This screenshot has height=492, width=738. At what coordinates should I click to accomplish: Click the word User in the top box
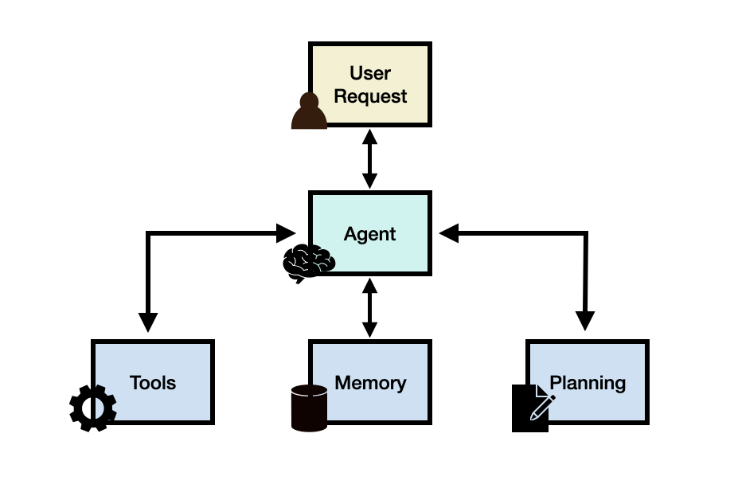(370, 73)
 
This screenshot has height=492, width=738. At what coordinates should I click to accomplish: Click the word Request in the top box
(370, 96)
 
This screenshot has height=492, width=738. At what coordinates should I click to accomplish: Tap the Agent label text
(369, 234)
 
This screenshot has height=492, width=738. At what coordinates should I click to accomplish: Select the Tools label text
(153, 383)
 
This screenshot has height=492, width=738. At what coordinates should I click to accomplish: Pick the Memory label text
(370, 383)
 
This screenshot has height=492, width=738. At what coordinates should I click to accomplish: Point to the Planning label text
(588, 383)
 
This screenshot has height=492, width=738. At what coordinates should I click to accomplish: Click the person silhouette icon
(309, 111)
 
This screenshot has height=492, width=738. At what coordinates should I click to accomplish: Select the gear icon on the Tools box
(93, 408)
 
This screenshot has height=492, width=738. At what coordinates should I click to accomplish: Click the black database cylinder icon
(309, 408)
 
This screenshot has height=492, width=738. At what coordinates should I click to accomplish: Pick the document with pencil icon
(530, 408)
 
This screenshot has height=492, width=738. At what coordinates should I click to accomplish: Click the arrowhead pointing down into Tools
(148, 322)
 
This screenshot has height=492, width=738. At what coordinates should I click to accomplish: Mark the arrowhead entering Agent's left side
(287, 233)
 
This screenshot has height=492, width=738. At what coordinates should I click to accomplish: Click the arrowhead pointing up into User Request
(369, 136)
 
